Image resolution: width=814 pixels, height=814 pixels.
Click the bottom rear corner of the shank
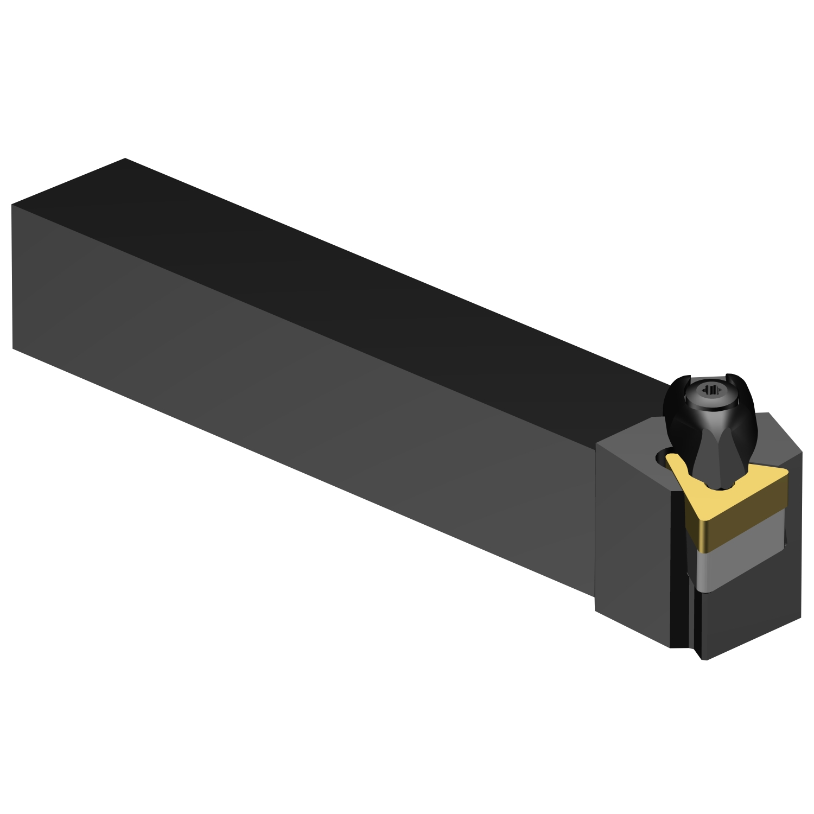(12, 348)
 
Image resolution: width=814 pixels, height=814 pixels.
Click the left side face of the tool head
(632, 543)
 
